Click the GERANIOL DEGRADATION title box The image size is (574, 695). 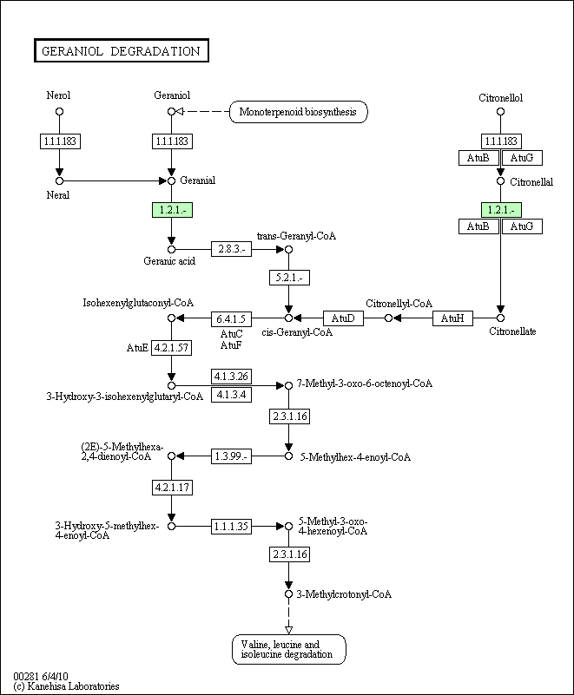pos(121,50)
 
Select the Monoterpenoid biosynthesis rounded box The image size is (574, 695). pos(299,112)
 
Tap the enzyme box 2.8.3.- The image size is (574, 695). pos(231,249)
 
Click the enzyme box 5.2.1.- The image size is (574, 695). pos(289,278)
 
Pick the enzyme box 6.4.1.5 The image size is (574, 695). pos(231,318)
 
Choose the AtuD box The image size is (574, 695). pos(343,318)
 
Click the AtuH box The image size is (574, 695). pos(452,318)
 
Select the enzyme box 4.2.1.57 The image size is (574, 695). pos(172,348)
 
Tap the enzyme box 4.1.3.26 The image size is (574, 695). pos(231,377)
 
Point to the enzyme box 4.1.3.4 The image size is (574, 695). pos(231,395)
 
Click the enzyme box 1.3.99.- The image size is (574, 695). pos(231,456)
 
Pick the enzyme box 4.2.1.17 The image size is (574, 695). pos(172,488)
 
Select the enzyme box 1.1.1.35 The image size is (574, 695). pos(231,526)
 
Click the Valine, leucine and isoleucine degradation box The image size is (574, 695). pos(289,649)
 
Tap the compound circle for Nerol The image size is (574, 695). pos(59,112)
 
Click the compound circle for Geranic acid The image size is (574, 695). pos(172,250)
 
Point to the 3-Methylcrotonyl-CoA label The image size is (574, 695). pos(344,594)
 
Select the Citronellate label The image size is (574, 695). pos(512,331)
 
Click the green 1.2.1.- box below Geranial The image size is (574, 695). pos(172,210)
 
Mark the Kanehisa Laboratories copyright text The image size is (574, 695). pos(67,686)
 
